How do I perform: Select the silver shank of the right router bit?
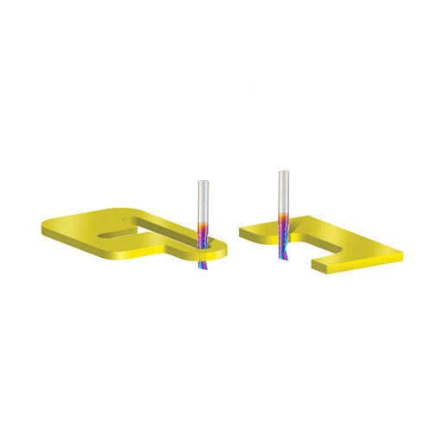point(283,190)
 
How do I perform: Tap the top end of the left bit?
point(203,181)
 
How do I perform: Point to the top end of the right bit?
point(283,172)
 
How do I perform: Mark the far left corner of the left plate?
point(42,227)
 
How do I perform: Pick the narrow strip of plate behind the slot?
point(156,222)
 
